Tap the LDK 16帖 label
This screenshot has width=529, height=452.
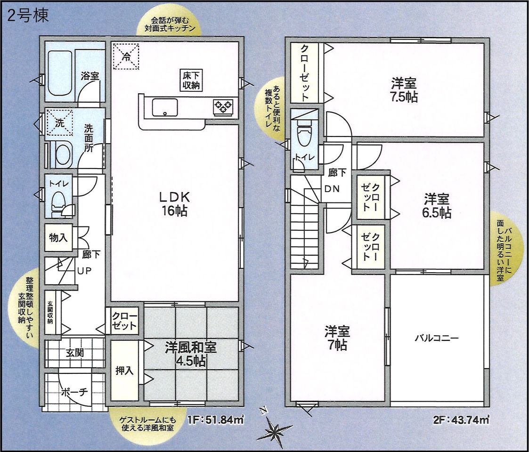coord(174,204)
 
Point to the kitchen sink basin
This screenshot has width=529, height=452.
coord(165,107)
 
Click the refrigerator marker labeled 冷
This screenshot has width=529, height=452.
coord(126,56)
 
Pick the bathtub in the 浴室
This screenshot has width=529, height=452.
coord(60,73)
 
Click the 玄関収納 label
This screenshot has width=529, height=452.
coord(50,312)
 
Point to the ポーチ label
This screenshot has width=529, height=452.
coord(74,392)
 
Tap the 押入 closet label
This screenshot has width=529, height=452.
coord(124,371)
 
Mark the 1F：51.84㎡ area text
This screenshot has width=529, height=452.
coord(216,420)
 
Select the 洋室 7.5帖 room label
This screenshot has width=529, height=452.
coord(404,90)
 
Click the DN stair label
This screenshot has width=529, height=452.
coord(332,189)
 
